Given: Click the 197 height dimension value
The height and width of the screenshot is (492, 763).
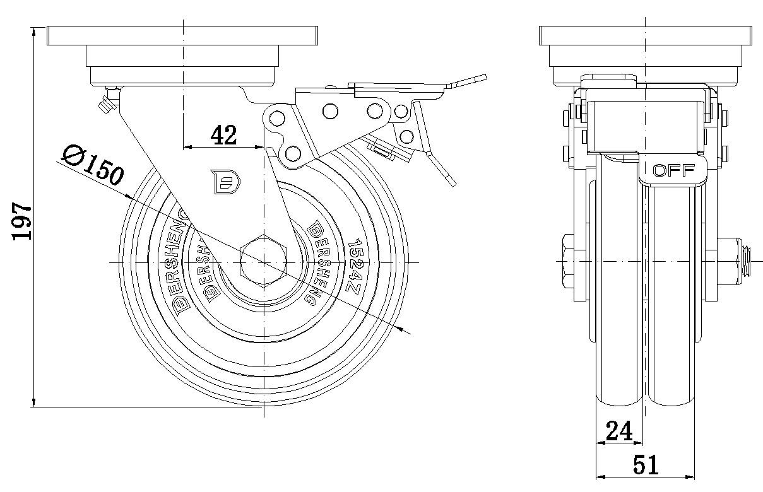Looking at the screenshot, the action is pos(22,221).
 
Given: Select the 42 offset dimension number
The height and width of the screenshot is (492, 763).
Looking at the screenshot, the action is pos(223,135).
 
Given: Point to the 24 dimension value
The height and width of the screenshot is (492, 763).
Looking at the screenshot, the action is pos(619,431).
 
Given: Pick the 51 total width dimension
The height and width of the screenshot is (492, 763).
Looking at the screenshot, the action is pos(646,465).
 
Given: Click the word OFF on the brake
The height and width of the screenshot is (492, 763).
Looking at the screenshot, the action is pos(674,170).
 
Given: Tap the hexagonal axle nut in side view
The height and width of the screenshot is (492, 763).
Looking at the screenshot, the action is pos(568,261).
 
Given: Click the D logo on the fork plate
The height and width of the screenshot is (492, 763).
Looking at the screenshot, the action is pos(225,182).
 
